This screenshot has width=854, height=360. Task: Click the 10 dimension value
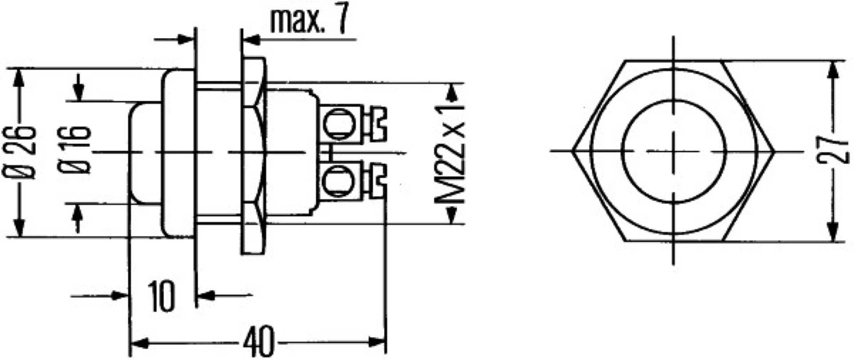tap(162, 296)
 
